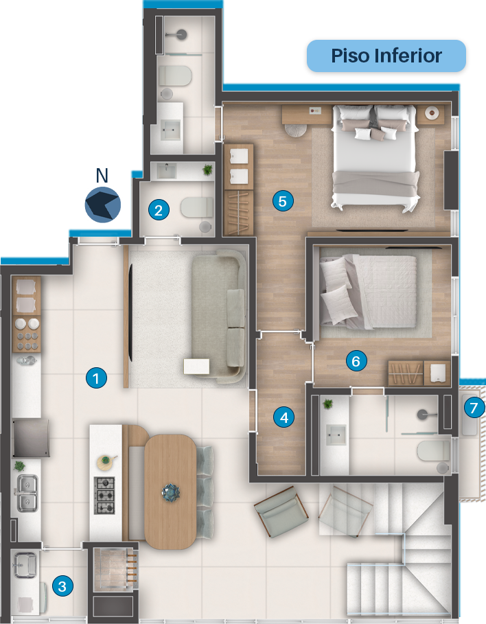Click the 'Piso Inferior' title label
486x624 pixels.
point(386,56)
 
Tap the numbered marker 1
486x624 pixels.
point(96,378)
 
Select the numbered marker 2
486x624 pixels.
point(159,210)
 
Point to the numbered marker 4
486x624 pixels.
point(283,417)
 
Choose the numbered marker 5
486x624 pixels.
point(283,200)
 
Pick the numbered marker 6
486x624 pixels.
point(356,360)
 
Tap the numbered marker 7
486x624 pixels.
point(474,407)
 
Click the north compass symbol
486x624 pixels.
point(103,205)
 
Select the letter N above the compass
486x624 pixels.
point(102,175)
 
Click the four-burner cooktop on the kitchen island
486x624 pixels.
point(104,496)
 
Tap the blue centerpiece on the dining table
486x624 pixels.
point(171,493)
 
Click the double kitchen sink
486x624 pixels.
point(27,494)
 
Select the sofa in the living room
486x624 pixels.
point(219,316)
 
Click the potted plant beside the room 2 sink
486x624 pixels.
point(207,170)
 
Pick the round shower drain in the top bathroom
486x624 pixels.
point(181,34)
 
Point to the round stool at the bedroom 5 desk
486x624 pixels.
point(295,130)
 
